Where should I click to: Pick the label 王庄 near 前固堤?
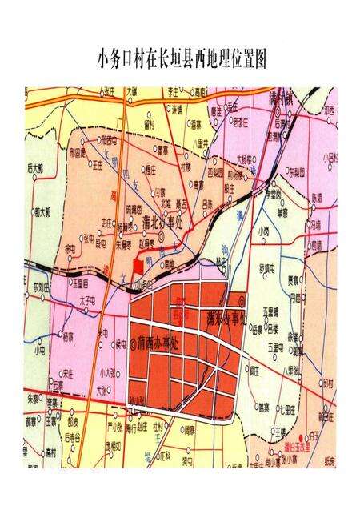point(98,164)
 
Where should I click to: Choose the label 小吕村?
point(329,158)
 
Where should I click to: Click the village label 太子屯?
point(88,301)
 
